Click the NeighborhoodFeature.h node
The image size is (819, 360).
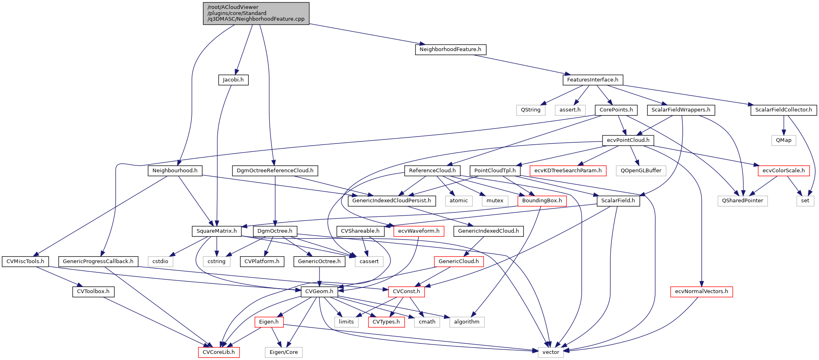(x=450, y=49)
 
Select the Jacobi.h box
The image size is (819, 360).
(x=233, y=80)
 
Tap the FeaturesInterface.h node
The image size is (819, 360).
(x=592, y=80)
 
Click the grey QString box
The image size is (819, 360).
(x=530, y=110)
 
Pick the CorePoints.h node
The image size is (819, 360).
(x=616, y=110)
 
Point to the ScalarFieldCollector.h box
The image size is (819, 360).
(x=783, y=110)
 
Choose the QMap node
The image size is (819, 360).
(x=783, y=140)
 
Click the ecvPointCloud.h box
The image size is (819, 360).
(x=628, y=140)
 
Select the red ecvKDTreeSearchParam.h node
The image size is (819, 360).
(x=568, y=171)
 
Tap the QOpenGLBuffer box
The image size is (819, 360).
(x=641, y=171)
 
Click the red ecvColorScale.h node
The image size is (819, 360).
(x=783, y=171)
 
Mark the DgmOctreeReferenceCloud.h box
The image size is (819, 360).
(x=275, y=171)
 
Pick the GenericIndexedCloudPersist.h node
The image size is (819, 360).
(x=391, y=201)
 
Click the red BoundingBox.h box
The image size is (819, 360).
(x=542, y=201)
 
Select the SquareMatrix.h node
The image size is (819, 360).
(x=217, y=231)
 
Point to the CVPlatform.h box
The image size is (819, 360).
(x=262, y=261)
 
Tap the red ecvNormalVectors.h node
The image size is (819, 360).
(x=701, y=291)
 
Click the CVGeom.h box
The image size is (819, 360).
(x=319, y=291)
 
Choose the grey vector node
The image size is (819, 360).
(x=551, y=352)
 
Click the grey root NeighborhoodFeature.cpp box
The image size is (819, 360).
(x=256, y=13)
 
